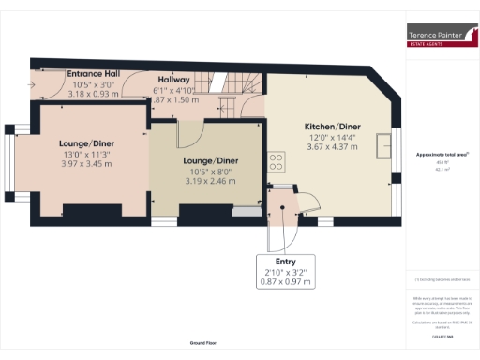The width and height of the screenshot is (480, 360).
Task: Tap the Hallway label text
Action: point(174,80)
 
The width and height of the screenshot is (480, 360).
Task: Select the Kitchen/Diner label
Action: point(332,127)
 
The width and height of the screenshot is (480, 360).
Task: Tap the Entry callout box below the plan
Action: point(285,270)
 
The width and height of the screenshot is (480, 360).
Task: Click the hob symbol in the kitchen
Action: point(277,161)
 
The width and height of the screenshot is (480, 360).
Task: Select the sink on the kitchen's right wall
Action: point(384,147)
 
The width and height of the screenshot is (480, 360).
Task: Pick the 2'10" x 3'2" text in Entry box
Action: point(285,272)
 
